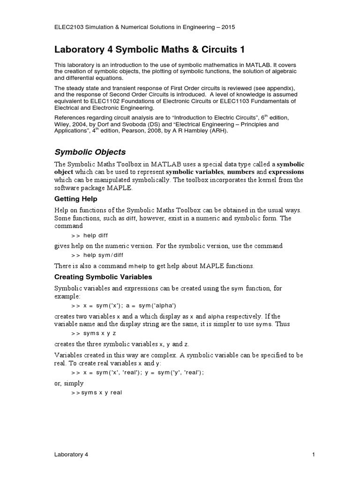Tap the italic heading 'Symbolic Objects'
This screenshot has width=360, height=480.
click(x=90, y=152)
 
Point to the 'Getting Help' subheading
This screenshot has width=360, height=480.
click(x=76, y=199)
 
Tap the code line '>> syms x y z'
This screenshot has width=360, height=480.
click(x=94, y=333)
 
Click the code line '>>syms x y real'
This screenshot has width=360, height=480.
click(x=97, y=392)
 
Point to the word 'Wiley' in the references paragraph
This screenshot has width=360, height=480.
click(x=62, y=124)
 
